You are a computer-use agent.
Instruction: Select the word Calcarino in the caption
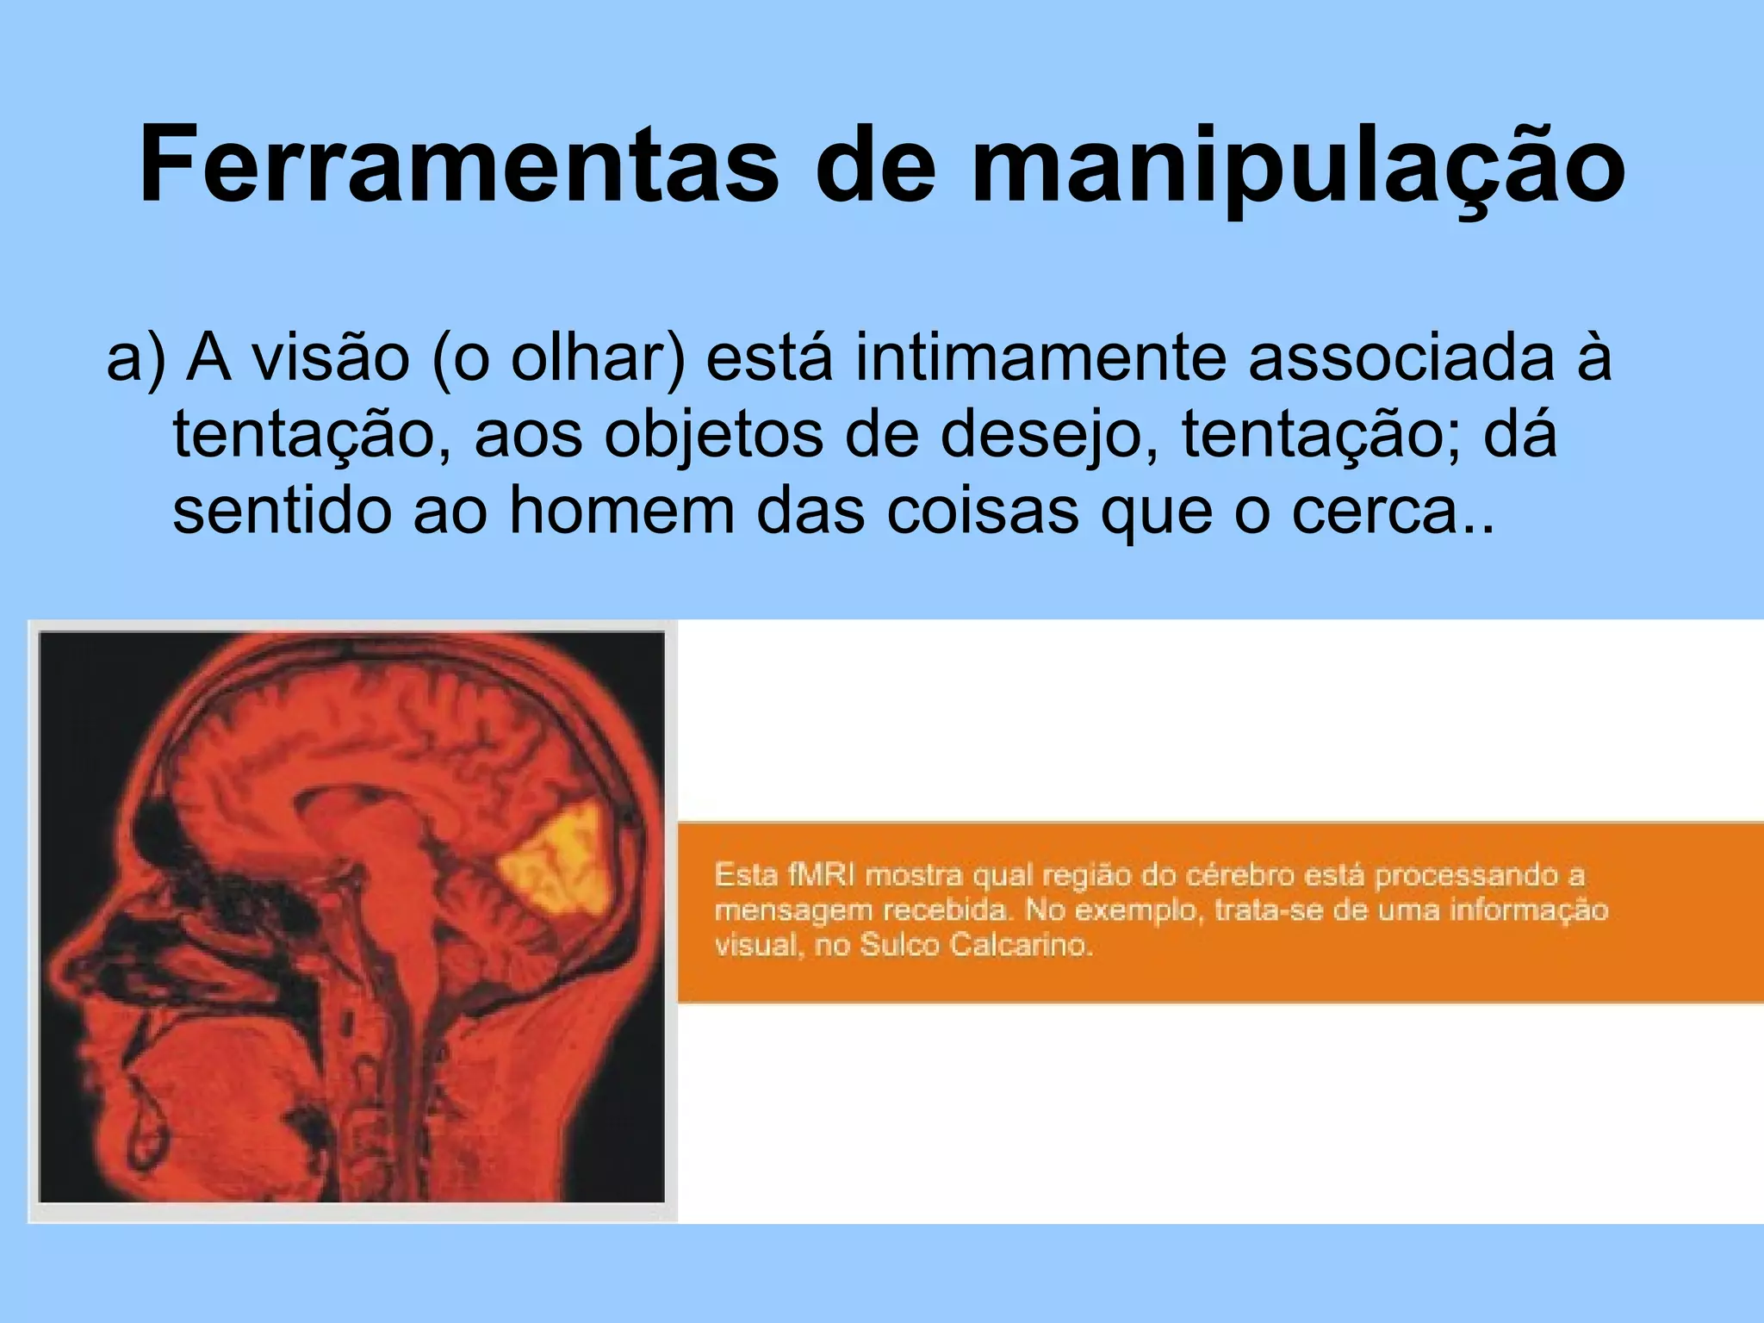click(x=1020, y=945)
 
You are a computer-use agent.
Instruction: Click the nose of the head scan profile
click(x=65, y=969)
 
